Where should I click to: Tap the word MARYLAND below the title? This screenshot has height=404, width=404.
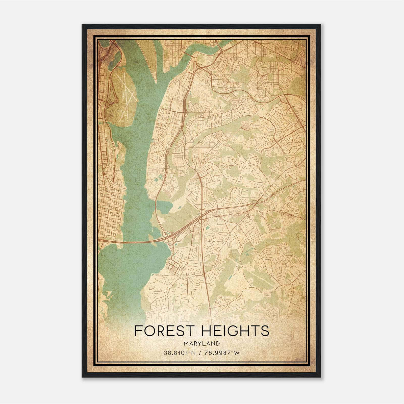(x=202, y=344)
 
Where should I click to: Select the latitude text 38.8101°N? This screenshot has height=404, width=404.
(x=179, y=353)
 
